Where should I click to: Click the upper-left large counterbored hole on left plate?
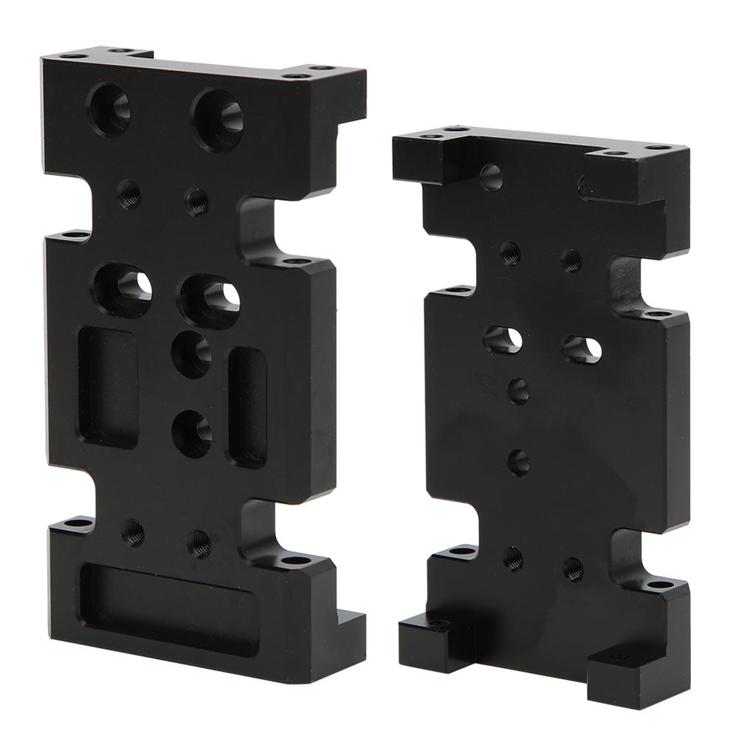coord(109,109)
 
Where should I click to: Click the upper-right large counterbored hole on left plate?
coord(217,120)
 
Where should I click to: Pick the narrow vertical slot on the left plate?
coord(248,406)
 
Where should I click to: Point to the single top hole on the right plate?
coord(491,177)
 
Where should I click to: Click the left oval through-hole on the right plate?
coord(503,339)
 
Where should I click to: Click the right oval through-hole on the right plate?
coord(582,348)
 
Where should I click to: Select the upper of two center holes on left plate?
coord(191,354)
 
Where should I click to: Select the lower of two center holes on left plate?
coord(192,433)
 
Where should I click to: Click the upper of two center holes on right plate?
coord(518,391)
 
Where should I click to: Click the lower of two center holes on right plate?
coord(518,462)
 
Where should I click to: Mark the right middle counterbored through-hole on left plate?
coord(209,300)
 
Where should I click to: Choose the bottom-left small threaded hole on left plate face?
coord(133,531)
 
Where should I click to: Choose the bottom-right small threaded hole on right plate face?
coord(573,568)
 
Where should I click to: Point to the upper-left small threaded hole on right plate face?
coord(509,252)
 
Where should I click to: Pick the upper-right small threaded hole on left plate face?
coord(196,200)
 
